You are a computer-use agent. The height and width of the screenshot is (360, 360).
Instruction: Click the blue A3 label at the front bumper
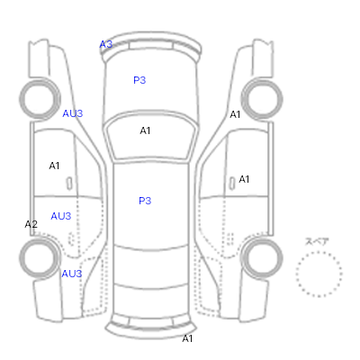106,44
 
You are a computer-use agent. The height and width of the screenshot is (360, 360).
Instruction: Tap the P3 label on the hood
139,80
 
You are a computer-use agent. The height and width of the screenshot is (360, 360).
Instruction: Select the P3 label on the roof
145,201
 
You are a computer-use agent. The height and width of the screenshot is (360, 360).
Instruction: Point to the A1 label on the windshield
145,130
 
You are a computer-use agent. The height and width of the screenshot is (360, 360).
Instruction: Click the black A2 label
31,224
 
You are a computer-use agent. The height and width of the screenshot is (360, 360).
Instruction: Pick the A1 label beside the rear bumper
187,338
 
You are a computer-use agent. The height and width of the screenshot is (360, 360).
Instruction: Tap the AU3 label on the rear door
61,216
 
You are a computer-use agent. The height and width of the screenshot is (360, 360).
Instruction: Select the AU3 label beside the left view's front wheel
73,113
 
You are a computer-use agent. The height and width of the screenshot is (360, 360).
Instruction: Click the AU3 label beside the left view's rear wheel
72,274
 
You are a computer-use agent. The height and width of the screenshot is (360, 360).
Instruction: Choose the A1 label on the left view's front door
54,166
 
